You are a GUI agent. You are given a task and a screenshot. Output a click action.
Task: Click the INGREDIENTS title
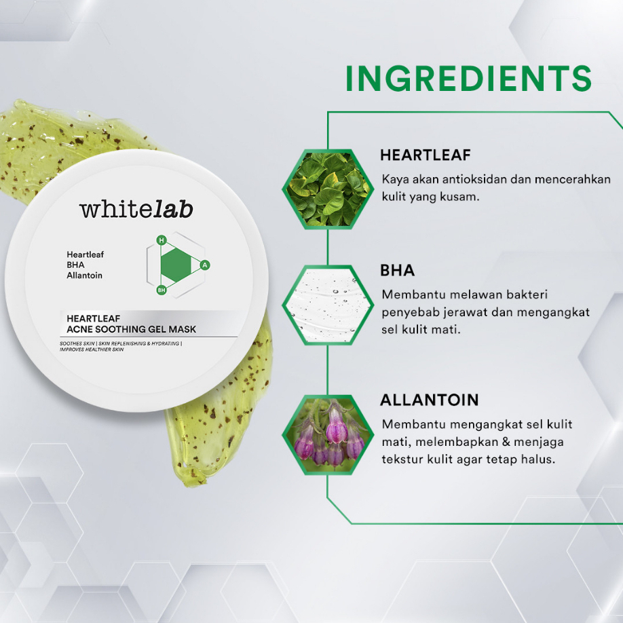(x=469, y=78)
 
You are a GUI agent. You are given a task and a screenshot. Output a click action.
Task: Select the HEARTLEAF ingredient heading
(x=425, y=155)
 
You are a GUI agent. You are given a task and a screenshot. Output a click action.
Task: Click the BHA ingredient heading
(x=397, y=270)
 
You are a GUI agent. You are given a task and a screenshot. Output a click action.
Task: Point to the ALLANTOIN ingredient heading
(x=430, y=400)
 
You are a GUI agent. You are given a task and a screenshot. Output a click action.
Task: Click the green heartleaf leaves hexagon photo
(x=328, y=189)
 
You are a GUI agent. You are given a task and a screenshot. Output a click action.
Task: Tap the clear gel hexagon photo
(x=328, y=305)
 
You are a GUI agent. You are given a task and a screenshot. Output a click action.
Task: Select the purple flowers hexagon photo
(x=328, y=434)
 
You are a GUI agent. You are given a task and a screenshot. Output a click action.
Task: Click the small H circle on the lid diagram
(x=162, y=240)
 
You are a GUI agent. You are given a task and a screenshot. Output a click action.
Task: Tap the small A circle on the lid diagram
(x=205, y=265)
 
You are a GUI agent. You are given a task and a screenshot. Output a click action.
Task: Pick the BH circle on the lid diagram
(x=162, y=290)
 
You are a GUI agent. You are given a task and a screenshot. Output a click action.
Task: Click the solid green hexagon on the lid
(x=176, y=265)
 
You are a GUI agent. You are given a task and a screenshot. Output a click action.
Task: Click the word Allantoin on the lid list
(x=84, y=276)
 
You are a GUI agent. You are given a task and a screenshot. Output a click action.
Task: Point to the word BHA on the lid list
(x=75, y=265)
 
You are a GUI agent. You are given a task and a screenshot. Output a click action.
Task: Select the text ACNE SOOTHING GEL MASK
(x=132, y=329)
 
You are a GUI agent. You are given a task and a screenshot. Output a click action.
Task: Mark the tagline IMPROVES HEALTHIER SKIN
(x=92, y=350)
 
